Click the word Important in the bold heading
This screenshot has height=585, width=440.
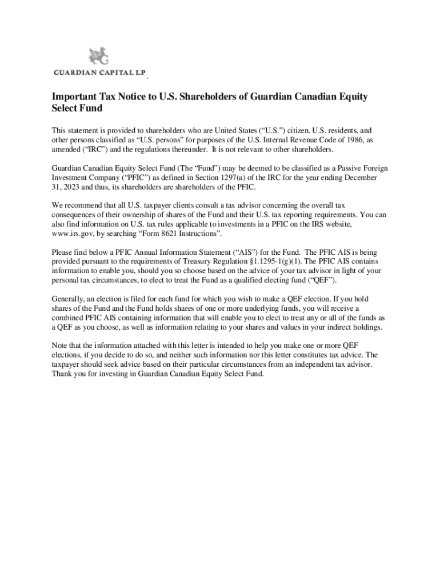74,97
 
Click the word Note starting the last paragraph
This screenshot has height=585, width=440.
60,346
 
